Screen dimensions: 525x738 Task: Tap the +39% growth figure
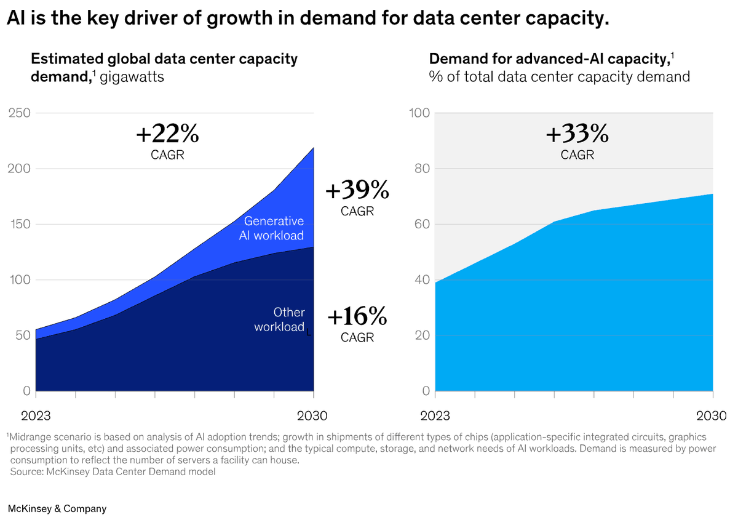(x=357, y=191)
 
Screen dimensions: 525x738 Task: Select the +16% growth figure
(x=357, y=317)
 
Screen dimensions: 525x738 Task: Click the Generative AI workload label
(x=274, y=228)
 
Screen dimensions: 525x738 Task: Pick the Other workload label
(x=280, y=319)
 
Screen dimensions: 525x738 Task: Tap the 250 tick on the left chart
(x=18, y=113)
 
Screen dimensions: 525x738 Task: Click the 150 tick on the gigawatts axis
(x=18, y=224)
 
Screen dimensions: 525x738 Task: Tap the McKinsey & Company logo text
(x=57, y=508)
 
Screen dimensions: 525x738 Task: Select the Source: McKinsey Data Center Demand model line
(x=113, y=472)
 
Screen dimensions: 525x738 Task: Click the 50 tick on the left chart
(x=22, y=335)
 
